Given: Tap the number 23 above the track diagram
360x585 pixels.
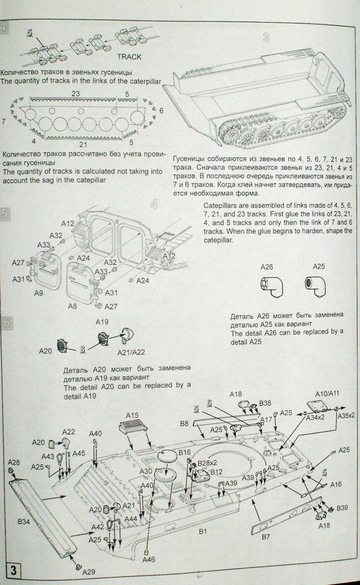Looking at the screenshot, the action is click(x=76, y=94).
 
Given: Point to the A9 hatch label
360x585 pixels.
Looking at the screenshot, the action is click(x=39, y=292).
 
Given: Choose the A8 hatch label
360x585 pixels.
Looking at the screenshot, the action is click(x=73, y=306).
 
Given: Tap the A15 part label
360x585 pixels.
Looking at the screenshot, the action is click(x=132, y=415).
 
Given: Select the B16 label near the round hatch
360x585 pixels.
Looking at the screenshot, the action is click(x=184, y=452).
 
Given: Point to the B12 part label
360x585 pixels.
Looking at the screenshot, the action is click(x=216, y=472).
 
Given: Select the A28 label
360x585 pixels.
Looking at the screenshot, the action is click(x=14, y=462).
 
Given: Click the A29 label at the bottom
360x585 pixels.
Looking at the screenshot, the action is click(x=89, y=571).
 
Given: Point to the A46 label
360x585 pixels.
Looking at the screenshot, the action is click(x=149, y=560).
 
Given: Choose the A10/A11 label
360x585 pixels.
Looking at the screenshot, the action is click(x=327, y=394).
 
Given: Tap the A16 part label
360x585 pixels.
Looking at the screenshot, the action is click(x=335, y=484).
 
